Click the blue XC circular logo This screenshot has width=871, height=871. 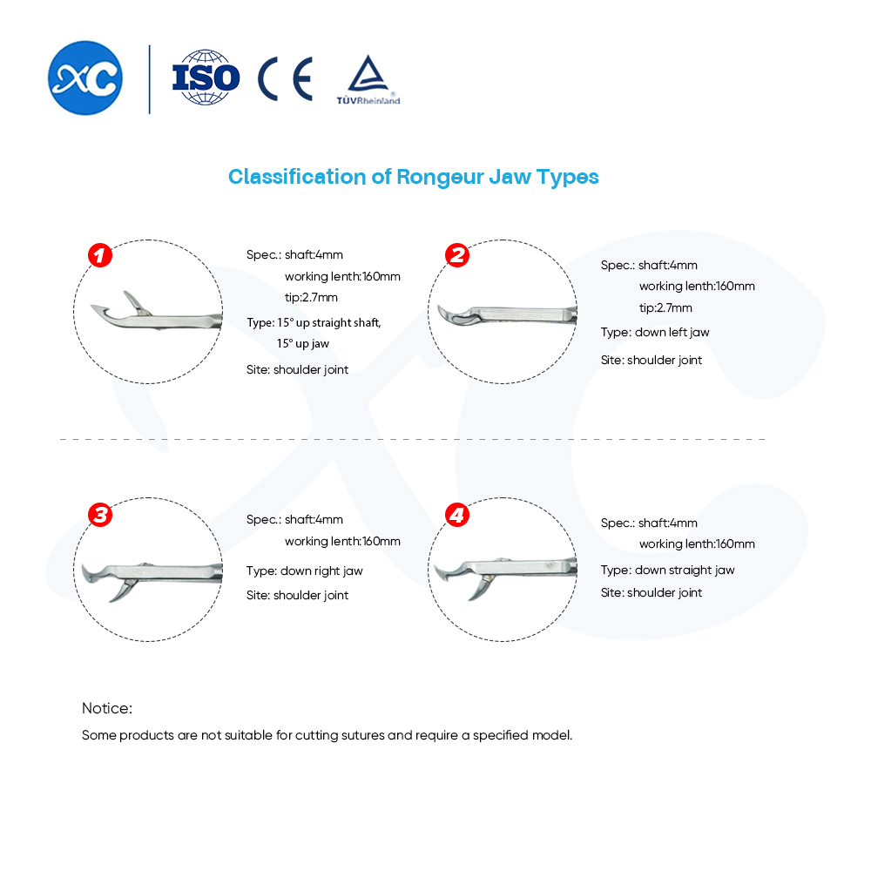(x=85, y=78)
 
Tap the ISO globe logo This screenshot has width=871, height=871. (x=206, y=78)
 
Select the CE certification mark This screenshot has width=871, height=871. (x=285, y=78)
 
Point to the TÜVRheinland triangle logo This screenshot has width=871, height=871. (x=368, y=79)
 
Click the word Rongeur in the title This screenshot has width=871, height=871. (x=440, y=177)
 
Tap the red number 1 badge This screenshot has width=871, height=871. (x=100, y=255)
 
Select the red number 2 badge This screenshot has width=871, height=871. (x=457, y=255)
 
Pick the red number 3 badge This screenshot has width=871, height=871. (x=100, y=515)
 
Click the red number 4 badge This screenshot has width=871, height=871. (x=457, y=515)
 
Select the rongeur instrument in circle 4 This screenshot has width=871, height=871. (x=505, y=575)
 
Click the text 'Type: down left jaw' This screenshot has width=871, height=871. (x=655, y=332)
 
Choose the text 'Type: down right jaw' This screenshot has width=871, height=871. (x=304, y=571)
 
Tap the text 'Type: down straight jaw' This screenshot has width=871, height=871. (x=668, y=570)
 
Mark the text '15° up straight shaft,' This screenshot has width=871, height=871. (x=329, y=323)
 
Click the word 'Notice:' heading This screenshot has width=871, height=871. (x=107, y=708)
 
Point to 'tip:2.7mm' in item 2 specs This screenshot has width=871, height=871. (x=665, y=307)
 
